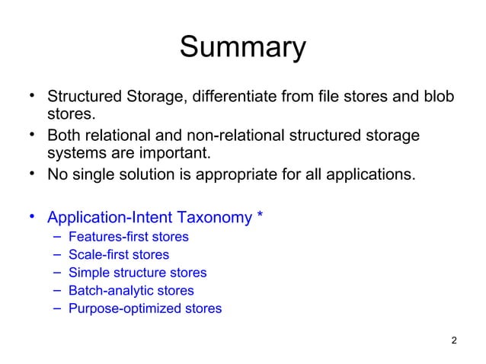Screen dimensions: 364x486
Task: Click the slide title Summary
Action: click(242, 49)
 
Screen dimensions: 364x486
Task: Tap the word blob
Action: click(437, 98)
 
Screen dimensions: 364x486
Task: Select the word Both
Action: click(63, 136)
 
